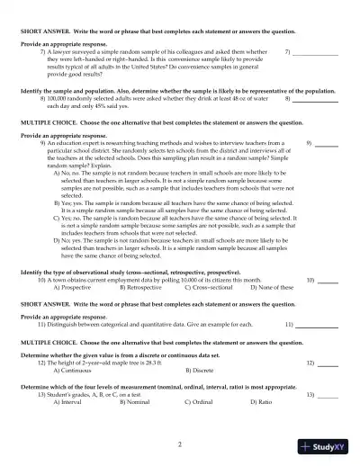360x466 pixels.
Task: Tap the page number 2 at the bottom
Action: tap(180, 444)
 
